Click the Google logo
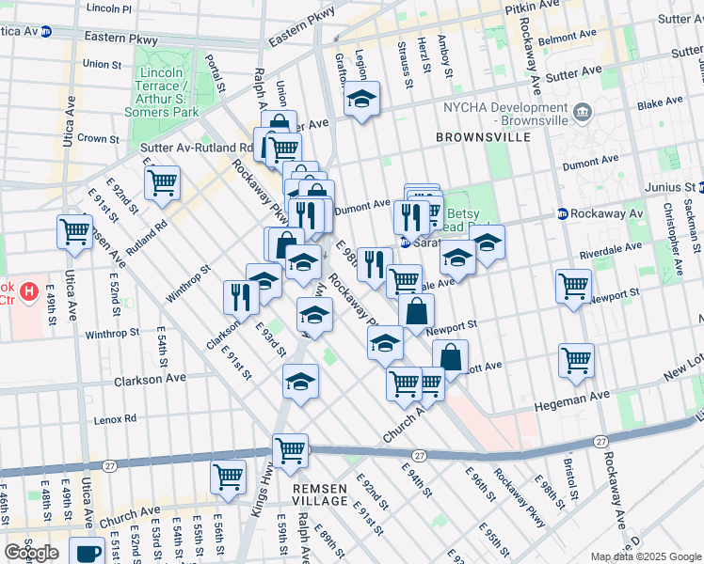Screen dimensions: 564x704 coord(32,553)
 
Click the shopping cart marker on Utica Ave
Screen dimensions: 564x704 coord(74,230)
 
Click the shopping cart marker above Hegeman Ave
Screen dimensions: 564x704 coord(575,360)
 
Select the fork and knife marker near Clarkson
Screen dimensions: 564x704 coord(241,296)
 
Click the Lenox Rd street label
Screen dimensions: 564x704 coord(115,417)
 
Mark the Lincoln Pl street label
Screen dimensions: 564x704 coord(109,8)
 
